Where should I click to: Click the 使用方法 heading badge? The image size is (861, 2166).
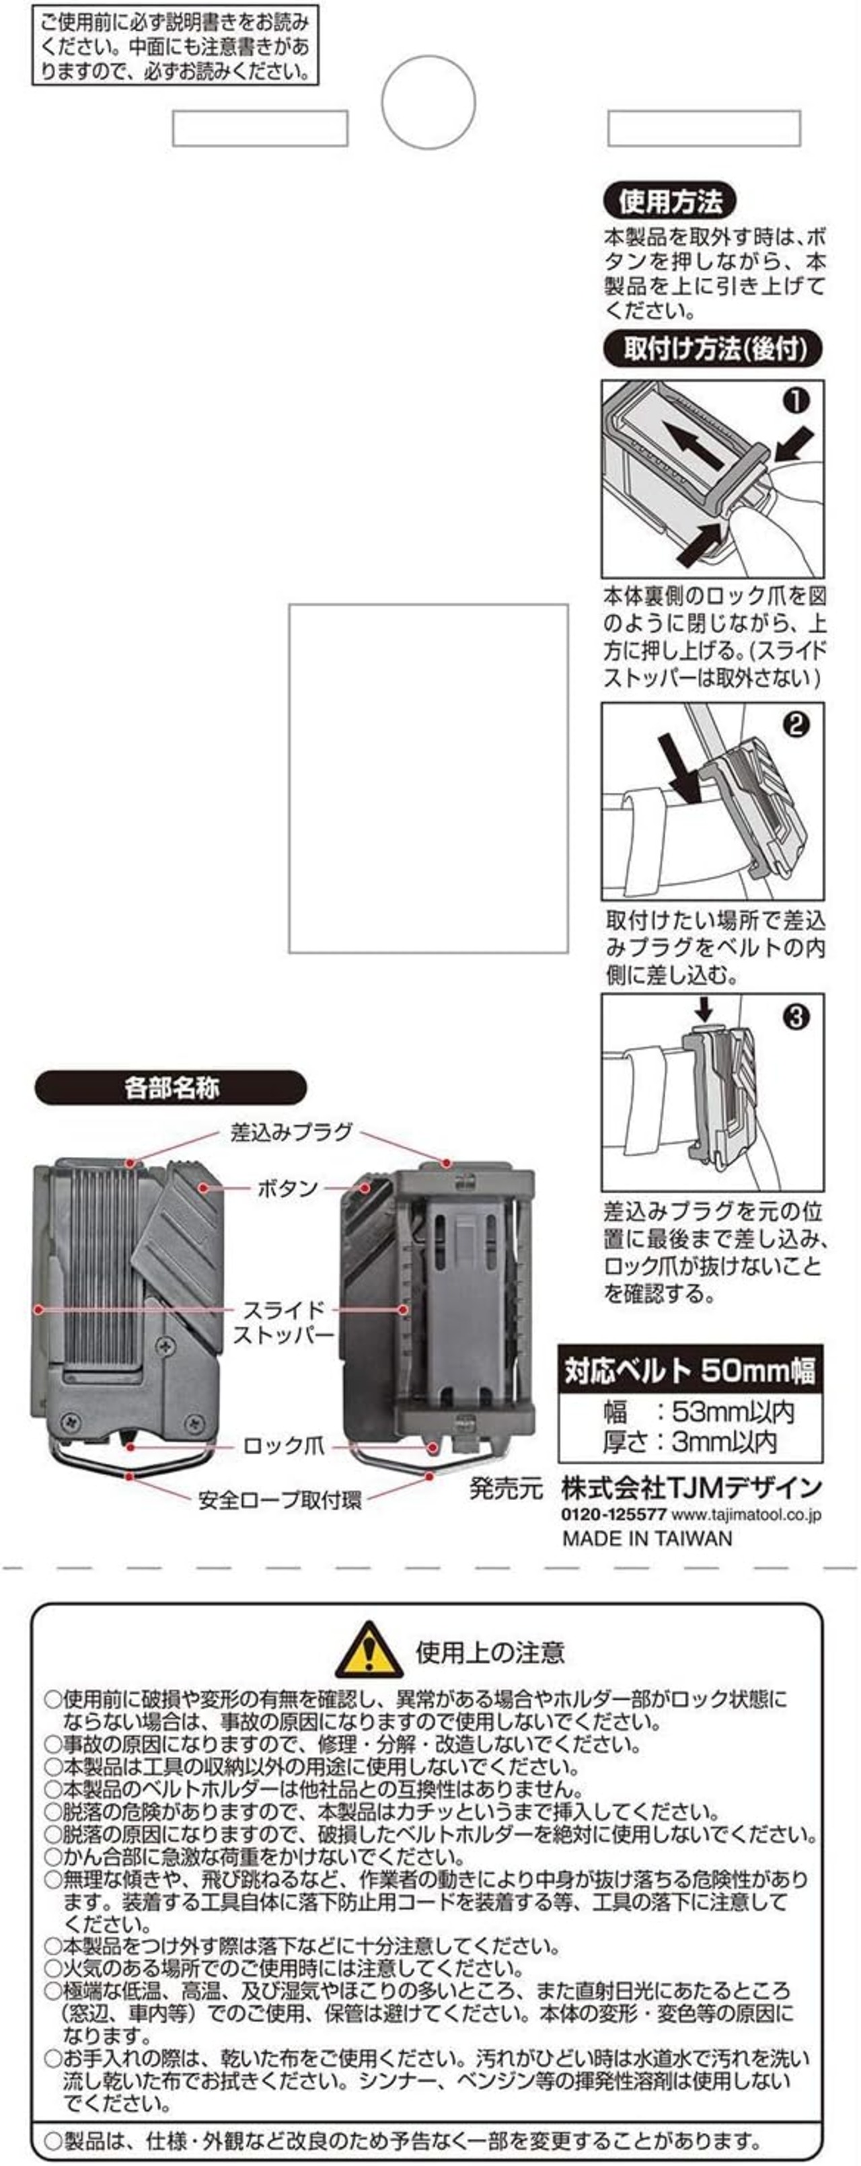click(669, 202)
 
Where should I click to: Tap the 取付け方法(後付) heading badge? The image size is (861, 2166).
click(712, 349)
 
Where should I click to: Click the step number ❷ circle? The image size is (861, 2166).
click(794, 725)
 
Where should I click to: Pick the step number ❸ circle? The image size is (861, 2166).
click(794, 1017)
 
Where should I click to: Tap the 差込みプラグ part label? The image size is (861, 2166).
click(291, 1131)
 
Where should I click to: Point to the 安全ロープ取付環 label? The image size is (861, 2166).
click(279, 1500)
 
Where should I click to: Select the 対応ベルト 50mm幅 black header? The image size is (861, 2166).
click(690, 1372)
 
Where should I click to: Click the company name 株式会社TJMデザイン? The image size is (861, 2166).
click(691, 1487)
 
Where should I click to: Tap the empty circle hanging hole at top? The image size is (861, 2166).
click(429, 102)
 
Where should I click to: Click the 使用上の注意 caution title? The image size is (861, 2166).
click(490, 1652)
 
